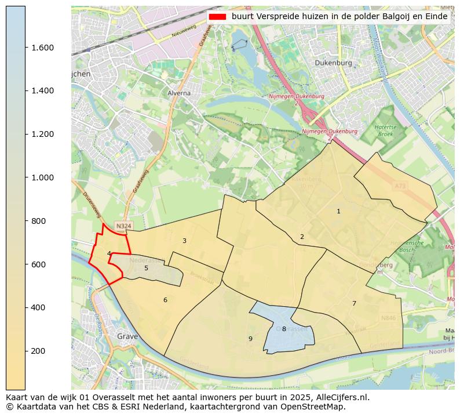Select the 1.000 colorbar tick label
[42, 177]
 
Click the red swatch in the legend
[218, 17]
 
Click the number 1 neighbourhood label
[338, 212]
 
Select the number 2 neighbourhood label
[302, 237]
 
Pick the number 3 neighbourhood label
[184, 241]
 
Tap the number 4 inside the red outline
[109, 253]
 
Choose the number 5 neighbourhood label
[146, 268]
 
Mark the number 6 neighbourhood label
[165, 300]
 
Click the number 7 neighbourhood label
[354, 304]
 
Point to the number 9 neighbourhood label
[250, 339]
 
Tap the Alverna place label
[178, 93]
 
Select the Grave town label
[127, 336]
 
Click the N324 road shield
[123, 226]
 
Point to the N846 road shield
[388, 318]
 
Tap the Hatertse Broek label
[385, 130]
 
